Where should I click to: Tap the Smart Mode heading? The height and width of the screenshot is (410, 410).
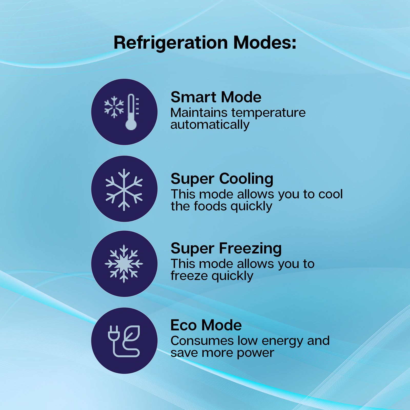click(216, 97)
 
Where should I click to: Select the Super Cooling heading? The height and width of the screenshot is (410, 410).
click(222, 179)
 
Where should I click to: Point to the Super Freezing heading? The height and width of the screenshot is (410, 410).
click(226, 248)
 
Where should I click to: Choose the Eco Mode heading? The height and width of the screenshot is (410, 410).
click(206, 325)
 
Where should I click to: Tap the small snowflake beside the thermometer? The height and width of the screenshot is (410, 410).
click(114, 107)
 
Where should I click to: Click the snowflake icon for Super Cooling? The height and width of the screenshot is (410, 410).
click(124, 190)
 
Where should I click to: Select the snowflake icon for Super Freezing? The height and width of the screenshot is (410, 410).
click(124, 264)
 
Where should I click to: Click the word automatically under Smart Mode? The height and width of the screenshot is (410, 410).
click(210, 125)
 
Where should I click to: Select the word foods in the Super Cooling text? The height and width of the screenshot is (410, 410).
click(210, 206)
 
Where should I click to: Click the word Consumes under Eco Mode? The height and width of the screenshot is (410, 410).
click(202, 341)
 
